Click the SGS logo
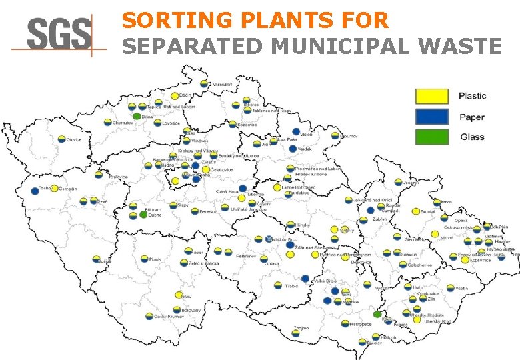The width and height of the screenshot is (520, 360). (x=59, y=34)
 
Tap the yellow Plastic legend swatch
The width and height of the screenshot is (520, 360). (x=432, y=96)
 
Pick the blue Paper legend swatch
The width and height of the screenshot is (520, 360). (x=432, y=117)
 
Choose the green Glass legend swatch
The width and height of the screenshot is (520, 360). (x=432, y=137)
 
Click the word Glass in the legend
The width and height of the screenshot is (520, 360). (x=472, y=137)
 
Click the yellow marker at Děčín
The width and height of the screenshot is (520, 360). (x=175, y=96)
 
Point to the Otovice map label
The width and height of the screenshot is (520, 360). (x=73, y=139)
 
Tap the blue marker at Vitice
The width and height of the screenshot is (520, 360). (x=296, y=132)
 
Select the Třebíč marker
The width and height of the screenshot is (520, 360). (x=279, y=285)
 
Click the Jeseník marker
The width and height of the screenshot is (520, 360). (x=398, y=182)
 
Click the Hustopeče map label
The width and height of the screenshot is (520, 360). (x=361, y=324)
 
